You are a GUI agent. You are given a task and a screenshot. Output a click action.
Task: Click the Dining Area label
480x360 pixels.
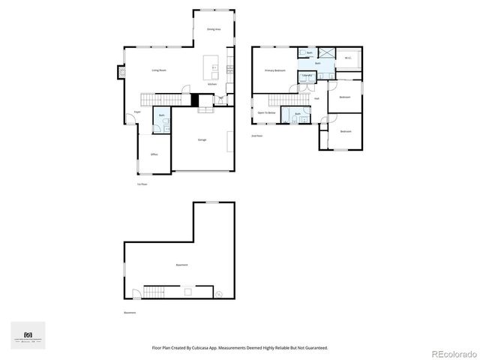(x=213, y=29)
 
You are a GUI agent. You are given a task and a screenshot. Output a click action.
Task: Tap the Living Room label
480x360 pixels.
(x=159, y=70)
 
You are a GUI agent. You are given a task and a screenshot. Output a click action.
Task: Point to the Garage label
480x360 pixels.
(x=202, y=140)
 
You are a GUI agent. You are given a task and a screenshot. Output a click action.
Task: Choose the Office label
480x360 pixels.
(x=154, y=154)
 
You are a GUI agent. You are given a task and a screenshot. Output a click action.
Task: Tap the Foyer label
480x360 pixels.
(x=137, y=112)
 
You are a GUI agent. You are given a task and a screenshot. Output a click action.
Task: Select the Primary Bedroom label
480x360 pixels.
(x=274, y=70)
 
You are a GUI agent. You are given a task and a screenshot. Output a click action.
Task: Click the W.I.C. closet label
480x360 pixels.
(x=349, y=58)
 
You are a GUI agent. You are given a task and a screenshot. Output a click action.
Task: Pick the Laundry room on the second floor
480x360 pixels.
(x=307, y=76)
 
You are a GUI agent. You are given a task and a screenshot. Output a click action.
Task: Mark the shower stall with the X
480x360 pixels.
(x=327, y=54)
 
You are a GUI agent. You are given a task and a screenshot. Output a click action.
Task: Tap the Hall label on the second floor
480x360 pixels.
(x=317, y=98)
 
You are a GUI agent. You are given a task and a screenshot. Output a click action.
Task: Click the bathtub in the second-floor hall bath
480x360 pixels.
(x=298, y=118)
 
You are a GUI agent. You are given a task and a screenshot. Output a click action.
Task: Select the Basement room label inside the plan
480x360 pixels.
(x=181, y=265)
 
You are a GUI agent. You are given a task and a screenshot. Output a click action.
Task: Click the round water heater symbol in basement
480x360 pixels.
(x=218, y=294)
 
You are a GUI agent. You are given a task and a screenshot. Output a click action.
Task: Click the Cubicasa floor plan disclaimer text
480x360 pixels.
(x=240, y=348)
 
